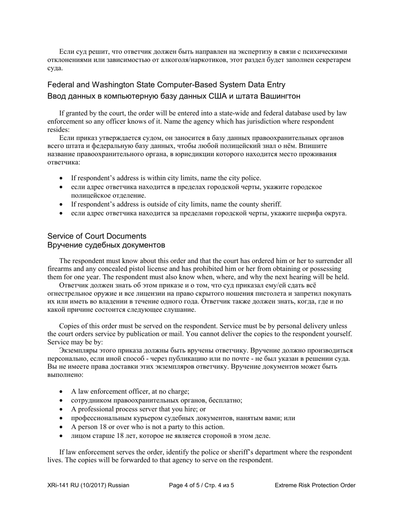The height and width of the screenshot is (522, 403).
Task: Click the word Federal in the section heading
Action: (x=61, y=85)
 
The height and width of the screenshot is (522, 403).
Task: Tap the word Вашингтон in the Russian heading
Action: (x=279, y=96)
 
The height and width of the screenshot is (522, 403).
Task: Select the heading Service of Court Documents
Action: (x=97, y=236)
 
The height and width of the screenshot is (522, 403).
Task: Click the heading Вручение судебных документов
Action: (x=106, y=245)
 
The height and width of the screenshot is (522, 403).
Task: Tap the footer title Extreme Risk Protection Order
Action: (x=315, y=485)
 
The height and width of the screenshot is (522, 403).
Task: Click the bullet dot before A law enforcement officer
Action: (x=62, y=392)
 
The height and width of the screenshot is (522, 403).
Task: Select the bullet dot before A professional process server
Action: (x=62, y=410)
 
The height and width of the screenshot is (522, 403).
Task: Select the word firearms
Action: (x=60, y=269)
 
